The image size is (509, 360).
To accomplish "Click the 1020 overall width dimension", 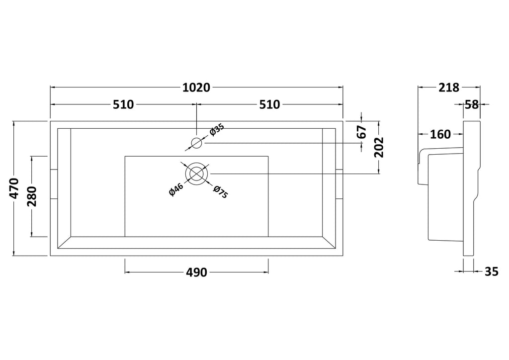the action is [196, 88].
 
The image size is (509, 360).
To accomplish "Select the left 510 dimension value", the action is [123, 104].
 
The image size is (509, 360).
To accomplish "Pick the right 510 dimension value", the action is [269, 104].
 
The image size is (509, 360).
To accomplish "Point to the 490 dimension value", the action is [196, 272].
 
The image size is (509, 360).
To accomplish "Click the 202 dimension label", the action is [379, 147].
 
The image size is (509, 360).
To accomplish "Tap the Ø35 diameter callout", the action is [217, 130].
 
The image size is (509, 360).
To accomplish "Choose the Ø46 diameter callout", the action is [176, 189].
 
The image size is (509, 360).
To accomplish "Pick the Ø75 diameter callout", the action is [221, 191].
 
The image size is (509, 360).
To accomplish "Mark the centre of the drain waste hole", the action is [196, 174].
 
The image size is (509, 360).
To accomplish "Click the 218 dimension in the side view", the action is [449, 88].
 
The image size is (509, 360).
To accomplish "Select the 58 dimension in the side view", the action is [472, 104].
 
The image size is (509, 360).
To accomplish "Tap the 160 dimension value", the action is [440, 134].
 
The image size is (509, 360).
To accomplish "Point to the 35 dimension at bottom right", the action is [492, 271].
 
